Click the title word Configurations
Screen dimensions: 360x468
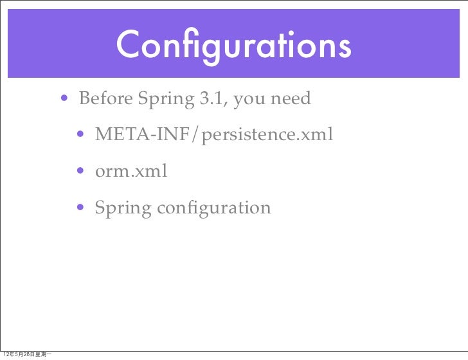(233, 45)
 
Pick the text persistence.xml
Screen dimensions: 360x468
(268, 136)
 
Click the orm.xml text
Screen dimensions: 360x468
(131, 172)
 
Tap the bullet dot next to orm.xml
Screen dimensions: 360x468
(81, 172)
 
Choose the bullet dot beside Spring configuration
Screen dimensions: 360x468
(81, 208)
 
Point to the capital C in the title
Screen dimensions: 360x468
(130, 44)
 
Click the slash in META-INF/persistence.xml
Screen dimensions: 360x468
(199, 136)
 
